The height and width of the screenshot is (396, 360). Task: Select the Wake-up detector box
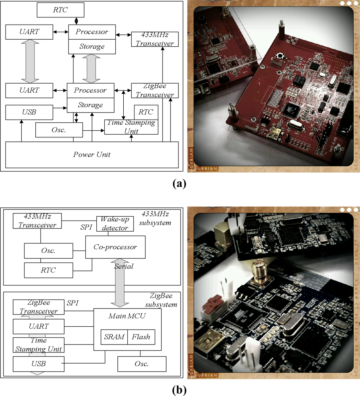(113, 224)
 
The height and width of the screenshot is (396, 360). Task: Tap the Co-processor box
(115, 247)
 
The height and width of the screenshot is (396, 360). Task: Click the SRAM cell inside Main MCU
(114, 337)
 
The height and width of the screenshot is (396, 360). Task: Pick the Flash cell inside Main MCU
(140, 337)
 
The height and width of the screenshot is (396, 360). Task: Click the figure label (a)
(179, 183)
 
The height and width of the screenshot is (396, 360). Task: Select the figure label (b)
(180, 390)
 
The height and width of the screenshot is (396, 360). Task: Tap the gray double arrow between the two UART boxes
(29, 61)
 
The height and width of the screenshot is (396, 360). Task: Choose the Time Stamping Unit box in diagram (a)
(131, 127)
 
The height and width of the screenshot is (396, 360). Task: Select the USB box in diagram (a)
(29, 112)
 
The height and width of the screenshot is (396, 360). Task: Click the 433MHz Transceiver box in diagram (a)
(155, 39)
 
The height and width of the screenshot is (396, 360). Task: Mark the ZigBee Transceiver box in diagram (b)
(38, 307)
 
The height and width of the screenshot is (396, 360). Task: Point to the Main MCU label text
(127, 316)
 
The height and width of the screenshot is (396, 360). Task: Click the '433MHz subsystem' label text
(156, 219)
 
